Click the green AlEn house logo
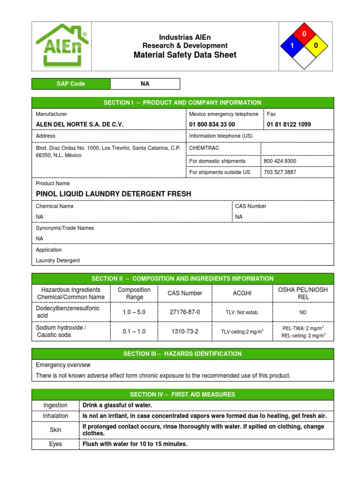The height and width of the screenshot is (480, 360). (62, 45)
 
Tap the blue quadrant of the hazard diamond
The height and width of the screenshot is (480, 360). (291, 46)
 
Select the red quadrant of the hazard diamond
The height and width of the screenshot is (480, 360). (304, 34)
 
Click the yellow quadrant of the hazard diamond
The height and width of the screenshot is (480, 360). (316, 46)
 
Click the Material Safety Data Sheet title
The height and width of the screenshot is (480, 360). (185, 55)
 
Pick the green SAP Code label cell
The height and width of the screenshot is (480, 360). (71, 84)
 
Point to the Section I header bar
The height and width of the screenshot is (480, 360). (182, 103)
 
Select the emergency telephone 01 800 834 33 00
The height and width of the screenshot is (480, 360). (212, 125)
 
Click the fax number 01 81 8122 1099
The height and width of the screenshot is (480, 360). (288, 125)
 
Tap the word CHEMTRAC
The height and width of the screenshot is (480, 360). (204, 148)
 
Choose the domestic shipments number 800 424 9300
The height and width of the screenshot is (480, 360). (281, 161)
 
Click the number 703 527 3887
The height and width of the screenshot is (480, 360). (280, 172)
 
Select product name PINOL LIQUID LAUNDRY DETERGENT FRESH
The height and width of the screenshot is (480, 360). (113, 194)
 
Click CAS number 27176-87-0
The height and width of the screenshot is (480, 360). (185, 312)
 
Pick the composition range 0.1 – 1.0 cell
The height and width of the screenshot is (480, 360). (134, 331)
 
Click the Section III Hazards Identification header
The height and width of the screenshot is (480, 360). (182, 354)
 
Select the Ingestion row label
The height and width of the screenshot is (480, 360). (55, 405)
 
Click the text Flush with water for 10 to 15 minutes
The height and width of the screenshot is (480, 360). (135, 444)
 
